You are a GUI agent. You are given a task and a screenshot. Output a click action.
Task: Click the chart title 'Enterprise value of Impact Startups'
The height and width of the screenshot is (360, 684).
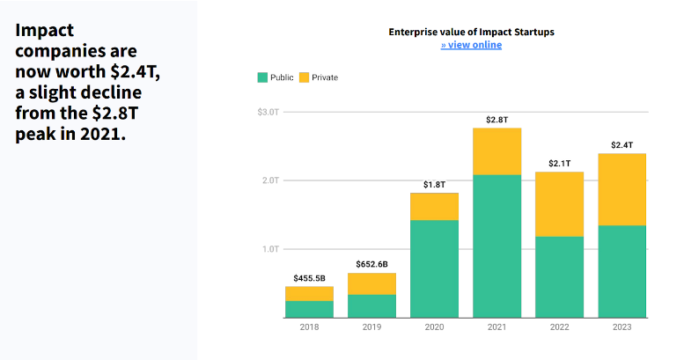pos(472,32)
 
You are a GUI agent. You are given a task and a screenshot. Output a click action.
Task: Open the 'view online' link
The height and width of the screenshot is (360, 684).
pos(472,45)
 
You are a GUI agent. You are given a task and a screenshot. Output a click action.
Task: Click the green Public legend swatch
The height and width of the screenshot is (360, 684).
pos(261,77)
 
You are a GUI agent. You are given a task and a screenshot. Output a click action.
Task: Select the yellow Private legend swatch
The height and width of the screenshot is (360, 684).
pos(304,77)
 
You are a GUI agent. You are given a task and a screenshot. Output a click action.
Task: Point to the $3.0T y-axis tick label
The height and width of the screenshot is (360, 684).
pos(268,112)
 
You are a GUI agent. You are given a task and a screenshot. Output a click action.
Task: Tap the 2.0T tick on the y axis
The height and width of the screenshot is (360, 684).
pos(268,180)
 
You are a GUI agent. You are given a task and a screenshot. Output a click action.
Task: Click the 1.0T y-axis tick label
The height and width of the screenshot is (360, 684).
pos(268,249)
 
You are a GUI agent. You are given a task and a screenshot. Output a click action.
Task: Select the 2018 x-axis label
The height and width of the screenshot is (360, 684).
pos(309,327)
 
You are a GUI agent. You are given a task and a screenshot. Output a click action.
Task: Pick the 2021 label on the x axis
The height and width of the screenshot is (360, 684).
pos(496,327)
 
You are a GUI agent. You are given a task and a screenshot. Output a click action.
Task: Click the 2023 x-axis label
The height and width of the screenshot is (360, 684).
pos(621,327)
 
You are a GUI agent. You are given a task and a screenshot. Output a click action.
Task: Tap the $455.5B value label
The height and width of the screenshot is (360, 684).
pos(309,278)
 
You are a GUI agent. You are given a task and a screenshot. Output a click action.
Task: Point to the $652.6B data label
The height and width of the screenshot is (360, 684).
pos(371,264)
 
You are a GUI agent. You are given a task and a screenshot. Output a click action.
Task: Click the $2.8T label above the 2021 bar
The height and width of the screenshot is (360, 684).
pos(496,119)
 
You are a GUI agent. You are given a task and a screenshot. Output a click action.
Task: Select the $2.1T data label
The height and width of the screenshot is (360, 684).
pos(559,163)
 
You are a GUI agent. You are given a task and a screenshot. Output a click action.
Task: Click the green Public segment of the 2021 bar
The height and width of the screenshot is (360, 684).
pos(496,246)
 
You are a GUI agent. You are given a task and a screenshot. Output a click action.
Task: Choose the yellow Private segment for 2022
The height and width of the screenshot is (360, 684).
pos(559,204)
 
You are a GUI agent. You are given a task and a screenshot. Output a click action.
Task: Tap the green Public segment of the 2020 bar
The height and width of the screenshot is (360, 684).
pos(434,268)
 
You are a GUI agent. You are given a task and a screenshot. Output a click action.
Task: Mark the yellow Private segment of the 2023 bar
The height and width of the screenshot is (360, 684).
pos(621,189)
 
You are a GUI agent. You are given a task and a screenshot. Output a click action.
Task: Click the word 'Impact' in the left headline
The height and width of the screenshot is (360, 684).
pos(44,30)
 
